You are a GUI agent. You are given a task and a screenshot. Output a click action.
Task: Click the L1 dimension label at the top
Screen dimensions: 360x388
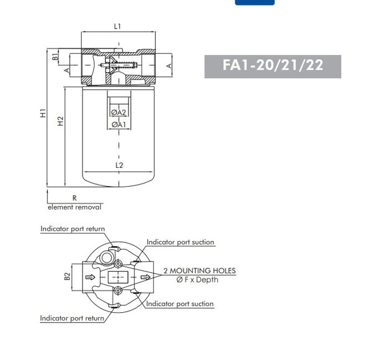118,26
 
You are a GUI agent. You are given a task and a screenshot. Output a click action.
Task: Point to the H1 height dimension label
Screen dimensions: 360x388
42,113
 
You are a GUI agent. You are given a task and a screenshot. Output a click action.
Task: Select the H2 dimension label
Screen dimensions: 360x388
59,121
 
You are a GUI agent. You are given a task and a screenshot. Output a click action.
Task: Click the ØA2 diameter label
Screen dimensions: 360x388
118,112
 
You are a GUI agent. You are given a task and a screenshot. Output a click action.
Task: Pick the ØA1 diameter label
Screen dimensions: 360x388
118,124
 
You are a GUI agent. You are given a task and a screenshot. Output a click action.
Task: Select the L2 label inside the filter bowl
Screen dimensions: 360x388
119,165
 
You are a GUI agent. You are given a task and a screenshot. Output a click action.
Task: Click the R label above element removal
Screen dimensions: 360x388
74,198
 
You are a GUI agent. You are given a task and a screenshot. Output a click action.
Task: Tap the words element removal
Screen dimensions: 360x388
75,207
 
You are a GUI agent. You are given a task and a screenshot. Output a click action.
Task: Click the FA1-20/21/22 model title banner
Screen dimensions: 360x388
273,66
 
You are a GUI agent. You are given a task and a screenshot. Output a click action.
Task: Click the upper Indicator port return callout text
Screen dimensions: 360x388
72,229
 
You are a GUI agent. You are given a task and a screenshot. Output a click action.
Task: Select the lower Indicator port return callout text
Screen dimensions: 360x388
72,318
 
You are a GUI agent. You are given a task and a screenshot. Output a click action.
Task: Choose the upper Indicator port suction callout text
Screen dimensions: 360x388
180,242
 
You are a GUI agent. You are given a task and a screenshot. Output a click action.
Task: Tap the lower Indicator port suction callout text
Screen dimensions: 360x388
180,304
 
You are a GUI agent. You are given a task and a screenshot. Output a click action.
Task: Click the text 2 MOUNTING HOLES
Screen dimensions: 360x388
199,271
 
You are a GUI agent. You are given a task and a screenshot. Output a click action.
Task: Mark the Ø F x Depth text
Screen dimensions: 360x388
197,279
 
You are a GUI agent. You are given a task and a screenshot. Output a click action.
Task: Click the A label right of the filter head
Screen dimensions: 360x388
169,65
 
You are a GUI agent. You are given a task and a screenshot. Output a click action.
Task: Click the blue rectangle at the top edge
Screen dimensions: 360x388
254,2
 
